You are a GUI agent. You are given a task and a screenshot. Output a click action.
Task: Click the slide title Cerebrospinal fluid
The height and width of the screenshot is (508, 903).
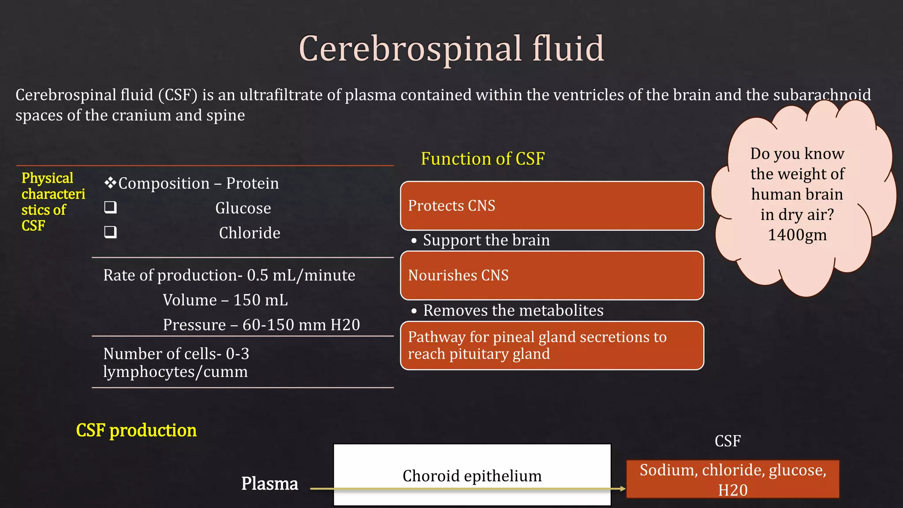pyautogui.click(x=451, y=49)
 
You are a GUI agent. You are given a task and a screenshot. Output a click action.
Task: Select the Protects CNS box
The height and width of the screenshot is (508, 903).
pyautogui.click(x=552, y=206)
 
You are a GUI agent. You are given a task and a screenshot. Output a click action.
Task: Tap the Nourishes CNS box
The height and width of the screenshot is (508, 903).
pyautogui.click(x=552, y=276)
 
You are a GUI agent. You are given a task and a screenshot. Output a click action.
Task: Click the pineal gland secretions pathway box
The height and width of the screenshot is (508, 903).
pyautogui.click(x=552, y=345)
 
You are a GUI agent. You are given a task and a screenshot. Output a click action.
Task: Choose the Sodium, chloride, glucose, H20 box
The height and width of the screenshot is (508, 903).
pyautogui.click(x=732, y=479)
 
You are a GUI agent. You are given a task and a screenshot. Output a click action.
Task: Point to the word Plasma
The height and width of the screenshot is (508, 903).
pyautogui.click(x=269, y=484)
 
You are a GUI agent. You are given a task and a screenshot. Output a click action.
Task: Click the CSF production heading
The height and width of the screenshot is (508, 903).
pyautogui.click(x=136, y=430)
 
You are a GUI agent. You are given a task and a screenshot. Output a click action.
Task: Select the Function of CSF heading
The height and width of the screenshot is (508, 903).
pyautogui.click(x=482, y=159)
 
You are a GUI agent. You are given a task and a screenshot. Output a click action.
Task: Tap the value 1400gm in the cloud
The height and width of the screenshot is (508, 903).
pyautogui.click(x=797, y=235)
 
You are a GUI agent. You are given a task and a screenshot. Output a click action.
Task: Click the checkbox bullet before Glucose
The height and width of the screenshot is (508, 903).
pyautogui.click(x=110, y=207)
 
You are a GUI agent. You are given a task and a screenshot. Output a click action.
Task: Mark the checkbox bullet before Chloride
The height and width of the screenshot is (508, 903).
pyautogui.click(x=110, y=232)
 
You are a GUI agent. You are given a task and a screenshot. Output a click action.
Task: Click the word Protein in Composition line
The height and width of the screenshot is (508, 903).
pyautogui.click(x=252, y=183)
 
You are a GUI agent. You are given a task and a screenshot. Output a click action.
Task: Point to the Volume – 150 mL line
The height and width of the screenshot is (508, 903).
pyautogui.click(x=225, y=300)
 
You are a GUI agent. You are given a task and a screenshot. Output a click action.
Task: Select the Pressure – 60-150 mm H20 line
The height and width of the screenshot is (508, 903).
pyautogui.click(x=261, y=325)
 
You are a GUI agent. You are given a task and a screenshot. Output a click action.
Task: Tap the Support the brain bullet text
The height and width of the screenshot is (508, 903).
pyautogui.click(x=486, y=240)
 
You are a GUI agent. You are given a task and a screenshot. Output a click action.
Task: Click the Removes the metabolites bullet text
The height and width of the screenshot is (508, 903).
pyautogui.click(x=513, y=310)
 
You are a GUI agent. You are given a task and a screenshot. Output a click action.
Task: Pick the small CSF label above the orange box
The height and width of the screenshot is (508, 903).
pyautogui.click(x=728, y=441)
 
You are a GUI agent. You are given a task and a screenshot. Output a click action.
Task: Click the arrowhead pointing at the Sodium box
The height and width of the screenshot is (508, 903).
pyautogui.click(x=623, y=489)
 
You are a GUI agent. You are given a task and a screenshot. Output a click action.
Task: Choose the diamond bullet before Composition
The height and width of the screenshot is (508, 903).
pyautogui.click(x=110, y=183)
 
